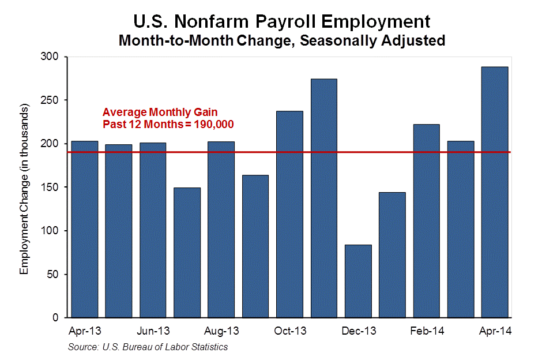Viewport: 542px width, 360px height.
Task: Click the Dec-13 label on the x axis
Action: tap(358, 332)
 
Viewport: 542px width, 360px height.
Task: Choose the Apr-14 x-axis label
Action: tap(495, 332)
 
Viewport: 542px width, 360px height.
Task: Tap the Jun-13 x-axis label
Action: tap(153, 332)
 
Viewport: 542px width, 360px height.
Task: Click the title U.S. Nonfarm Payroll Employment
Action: tap(281, 21)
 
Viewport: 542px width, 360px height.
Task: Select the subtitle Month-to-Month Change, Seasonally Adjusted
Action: tap(281, 40)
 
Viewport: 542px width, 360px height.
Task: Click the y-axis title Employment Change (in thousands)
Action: tap(24, 190)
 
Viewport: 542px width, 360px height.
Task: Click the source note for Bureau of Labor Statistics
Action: tap(148, 347)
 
